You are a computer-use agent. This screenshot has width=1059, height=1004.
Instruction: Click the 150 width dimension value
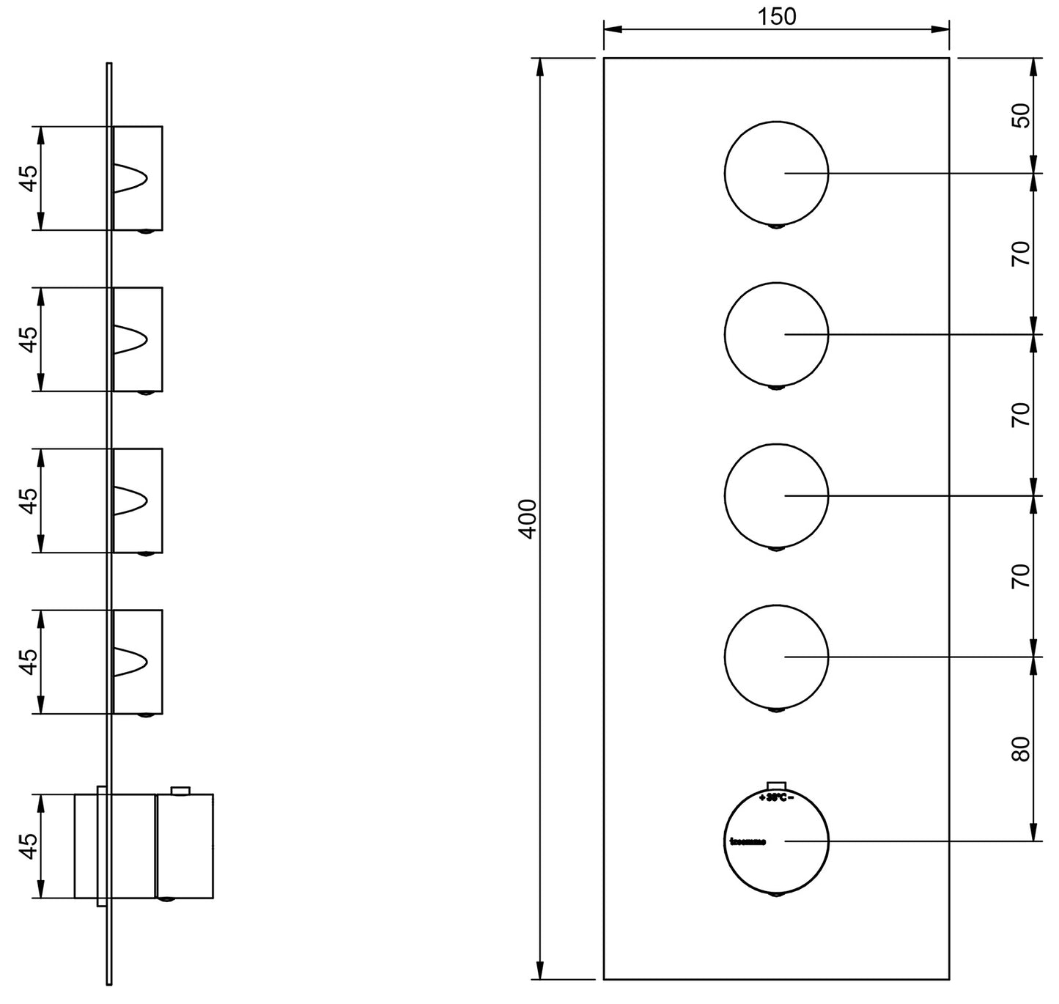(777, 16)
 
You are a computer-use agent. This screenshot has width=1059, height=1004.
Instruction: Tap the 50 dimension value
(1021, 116)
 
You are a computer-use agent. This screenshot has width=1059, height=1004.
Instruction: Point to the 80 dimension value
(1021, 748)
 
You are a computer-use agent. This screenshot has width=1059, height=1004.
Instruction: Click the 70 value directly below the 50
(1021, 253)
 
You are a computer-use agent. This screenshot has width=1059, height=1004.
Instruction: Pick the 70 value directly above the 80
(1021, 575)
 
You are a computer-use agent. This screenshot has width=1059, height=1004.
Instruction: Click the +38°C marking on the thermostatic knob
(776, 797)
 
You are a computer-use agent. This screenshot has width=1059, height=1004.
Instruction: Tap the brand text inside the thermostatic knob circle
(748, 841)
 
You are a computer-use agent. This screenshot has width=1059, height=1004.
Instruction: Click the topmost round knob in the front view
(776, 172)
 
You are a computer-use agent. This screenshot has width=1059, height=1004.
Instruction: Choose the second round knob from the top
(776, 333)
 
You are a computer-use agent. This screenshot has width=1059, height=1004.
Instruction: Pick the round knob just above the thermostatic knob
(776, 656)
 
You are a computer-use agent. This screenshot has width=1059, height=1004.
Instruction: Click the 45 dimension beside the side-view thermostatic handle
(28, 845)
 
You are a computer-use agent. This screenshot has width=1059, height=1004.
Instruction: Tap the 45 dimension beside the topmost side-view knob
(28, 178)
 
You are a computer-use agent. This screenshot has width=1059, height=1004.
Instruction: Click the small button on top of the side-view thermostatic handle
(180, 790)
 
